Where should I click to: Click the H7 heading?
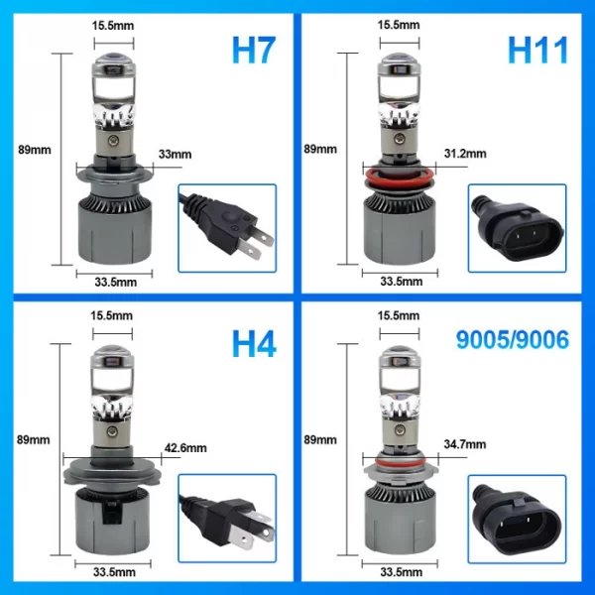coord(253,51)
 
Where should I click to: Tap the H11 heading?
coord(537,51)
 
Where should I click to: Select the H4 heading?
coord(254,344)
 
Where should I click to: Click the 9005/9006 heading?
coord(513,339)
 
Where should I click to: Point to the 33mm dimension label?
coord(175,154)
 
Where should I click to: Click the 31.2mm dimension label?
coord(465,154)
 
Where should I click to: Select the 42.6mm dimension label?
coord(185,448)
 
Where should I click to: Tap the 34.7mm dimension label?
coord(465,444)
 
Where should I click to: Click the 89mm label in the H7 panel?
coord(35,150)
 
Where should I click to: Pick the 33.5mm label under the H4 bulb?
coord(114,572)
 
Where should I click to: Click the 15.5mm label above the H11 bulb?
coord(399,25)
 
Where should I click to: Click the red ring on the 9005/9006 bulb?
coord(401,462)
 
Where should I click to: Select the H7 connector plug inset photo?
coord(227,228)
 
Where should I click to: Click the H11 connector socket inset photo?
coord(518,228)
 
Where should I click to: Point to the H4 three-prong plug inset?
coord(227,519)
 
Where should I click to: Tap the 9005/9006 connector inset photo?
coord(518,519)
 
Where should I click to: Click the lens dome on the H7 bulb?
coord(114,59)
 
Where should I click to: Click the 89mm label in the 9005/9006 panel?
coord(320,439)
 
